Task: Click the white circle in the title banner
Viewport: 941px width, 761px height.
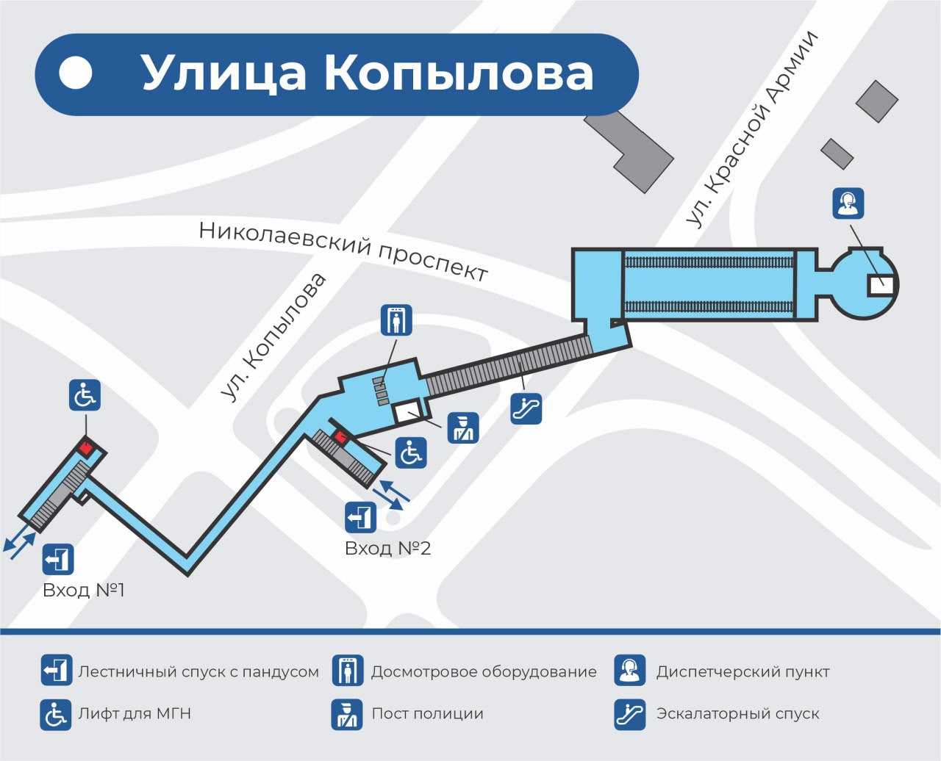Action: [76, 73]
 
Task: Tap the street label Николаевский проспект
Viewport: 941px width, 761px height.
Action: [343, 250]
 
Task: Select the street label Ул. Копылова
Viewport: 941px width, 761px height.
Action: [273, 338]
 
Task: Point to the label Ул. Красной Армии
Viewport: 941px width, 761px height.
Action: [751, 129]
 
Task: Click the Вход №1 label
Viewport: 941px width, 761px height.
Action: [84, 590]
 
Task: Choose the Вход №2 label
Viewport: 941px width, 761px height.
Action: [387, 548]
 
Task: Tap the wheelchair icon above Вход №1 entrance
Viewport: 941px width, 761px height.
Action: [85, 396]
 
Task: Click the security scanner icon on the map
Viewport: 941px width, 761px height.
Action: [396, 320]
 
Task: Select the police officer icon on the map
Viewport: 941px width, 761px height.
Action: [463, 428]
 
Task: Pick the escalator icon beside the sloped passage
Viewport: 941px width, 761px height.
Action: [526, 408]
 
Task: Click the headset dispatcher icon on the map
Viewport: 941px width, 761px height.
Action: [848, 203]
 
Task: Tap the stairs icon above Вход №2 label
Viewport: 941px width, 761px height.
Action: [360, 517]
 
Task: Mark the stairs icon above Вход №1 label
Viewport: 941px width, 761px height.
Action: [58, 559]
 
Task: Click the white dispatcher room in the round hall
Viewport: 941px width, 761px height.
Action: [880, 284]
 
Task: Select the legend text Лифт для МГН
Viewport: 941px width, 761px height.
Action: [135, 713]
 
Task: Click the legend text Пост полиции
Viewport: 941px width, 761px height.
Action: [427, 713]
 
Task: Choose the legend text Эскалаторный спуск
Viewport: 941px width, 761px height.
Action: [737, 713]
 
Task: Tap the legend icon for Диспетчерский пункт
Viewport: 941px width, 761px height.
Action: [630, 671]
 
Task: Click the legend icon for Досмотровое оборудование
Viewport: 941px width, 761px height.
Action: [347, 671]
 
